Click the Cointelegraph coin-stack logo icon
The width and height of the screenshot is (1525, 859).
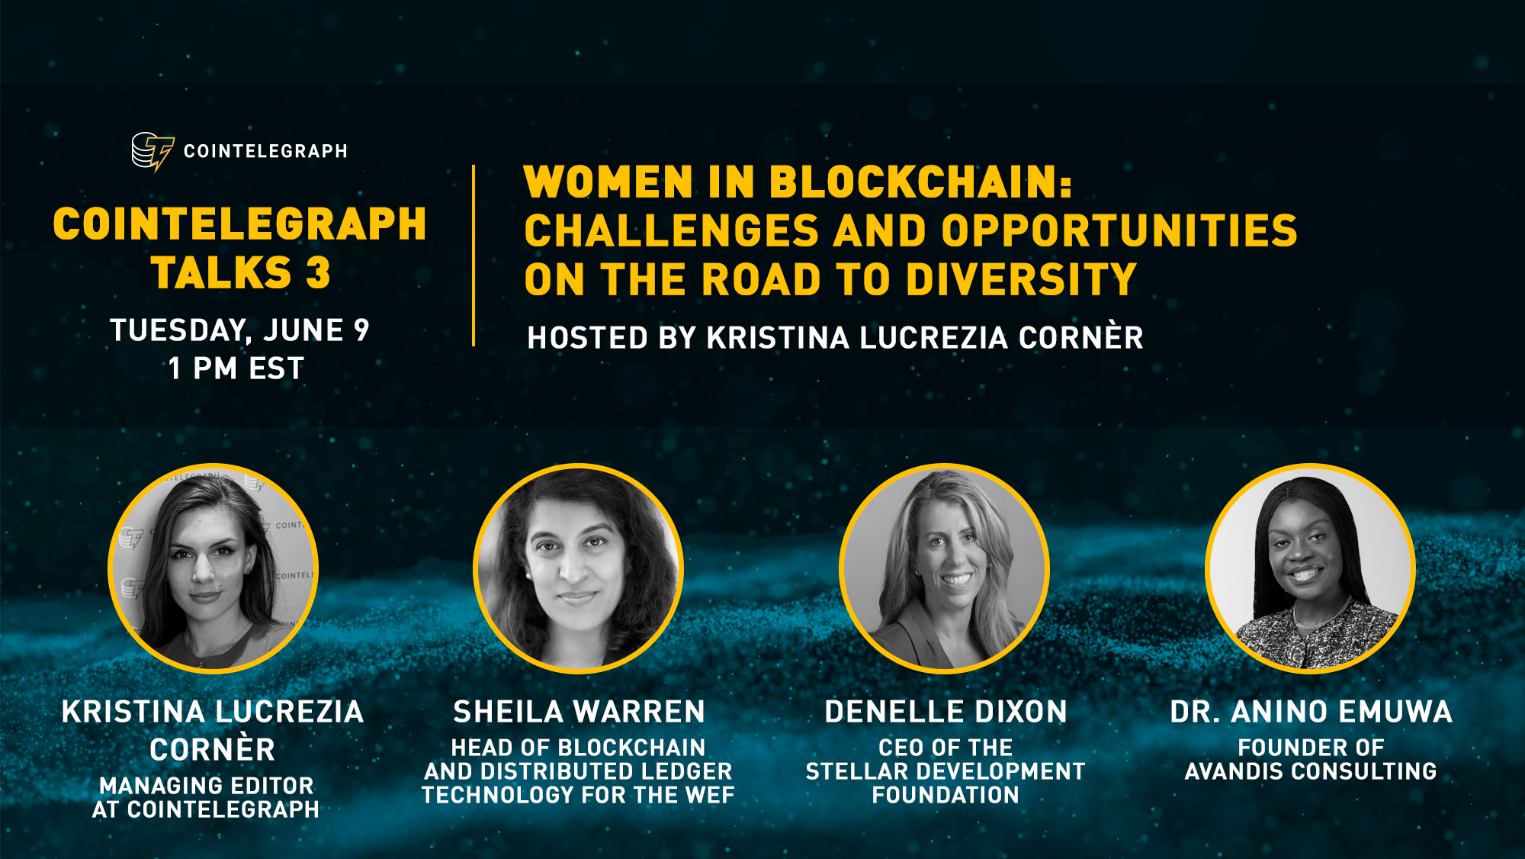(152, 152)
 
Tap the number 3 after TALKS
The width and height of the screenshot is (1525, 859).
(318, 272)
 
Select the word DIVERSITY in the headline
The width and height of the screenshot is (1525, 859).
(1021, 279)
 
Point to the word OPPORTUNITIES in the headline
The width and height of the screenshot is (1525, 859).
(1119, 230)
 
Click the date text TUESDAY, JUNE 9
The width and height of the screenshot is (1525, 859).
(239, 330)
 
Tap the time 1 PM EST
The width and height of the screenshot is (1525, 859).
(236, 368)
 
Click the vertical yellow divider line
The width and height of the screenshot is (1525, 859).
(474, 256)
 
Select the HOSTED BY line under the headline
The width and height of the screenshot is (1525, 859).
(835, 336)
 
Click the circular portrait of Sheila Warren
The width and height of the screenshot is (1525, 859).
(579, 569)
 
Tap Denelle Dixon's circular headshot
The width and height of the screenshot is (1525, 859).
(945, 569)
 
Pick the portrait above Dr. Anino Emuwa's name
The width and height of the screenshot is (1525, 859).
(1311, 569)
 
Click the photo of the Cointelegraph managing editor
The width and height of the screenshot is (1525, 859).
(213, 569)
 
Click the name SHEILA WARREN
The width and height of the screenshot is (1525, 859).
(579, 712)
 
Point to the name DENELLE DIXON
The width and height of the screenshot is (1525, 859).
(945, 712)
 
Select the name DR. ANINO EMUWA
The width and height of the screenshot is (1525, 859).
(1311, 712)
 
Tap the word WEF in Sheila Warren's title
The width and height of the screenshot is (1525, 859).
(710, 795)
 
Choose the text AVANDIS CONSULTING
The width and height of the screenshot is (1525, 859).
(1311, 771)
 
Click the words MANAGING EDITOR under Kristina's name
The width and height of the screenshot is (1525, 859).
(207, 786)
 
